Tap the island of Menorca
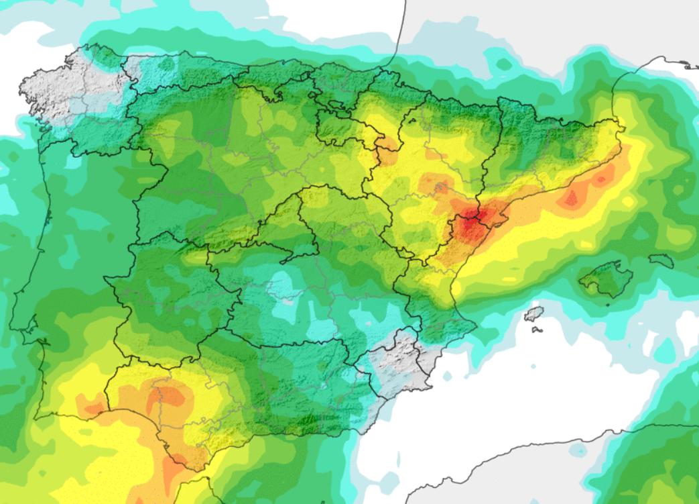(x=661, y=260)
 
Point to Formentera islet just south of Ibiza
(x=536, y=329)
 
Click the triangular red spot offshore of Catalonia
(x=572, y=199)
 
